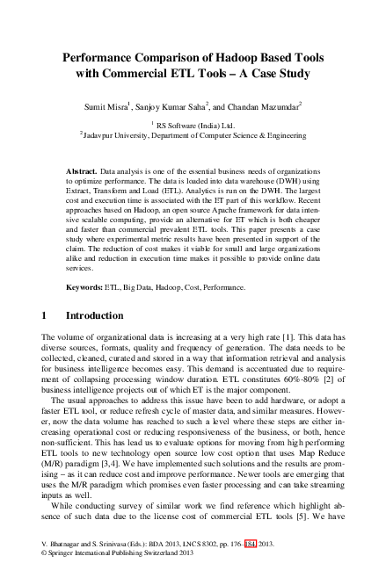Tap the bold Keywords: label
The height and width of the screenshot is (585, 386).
(87, 287)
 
